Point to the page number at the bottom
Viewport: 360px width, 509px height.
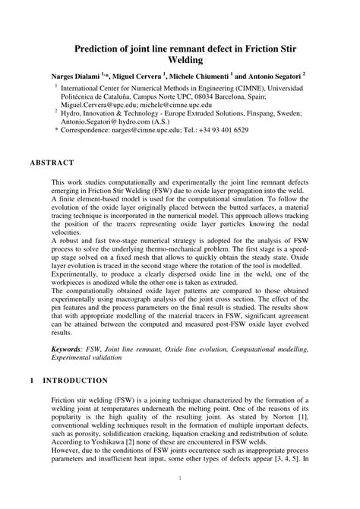pos(180,478)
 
